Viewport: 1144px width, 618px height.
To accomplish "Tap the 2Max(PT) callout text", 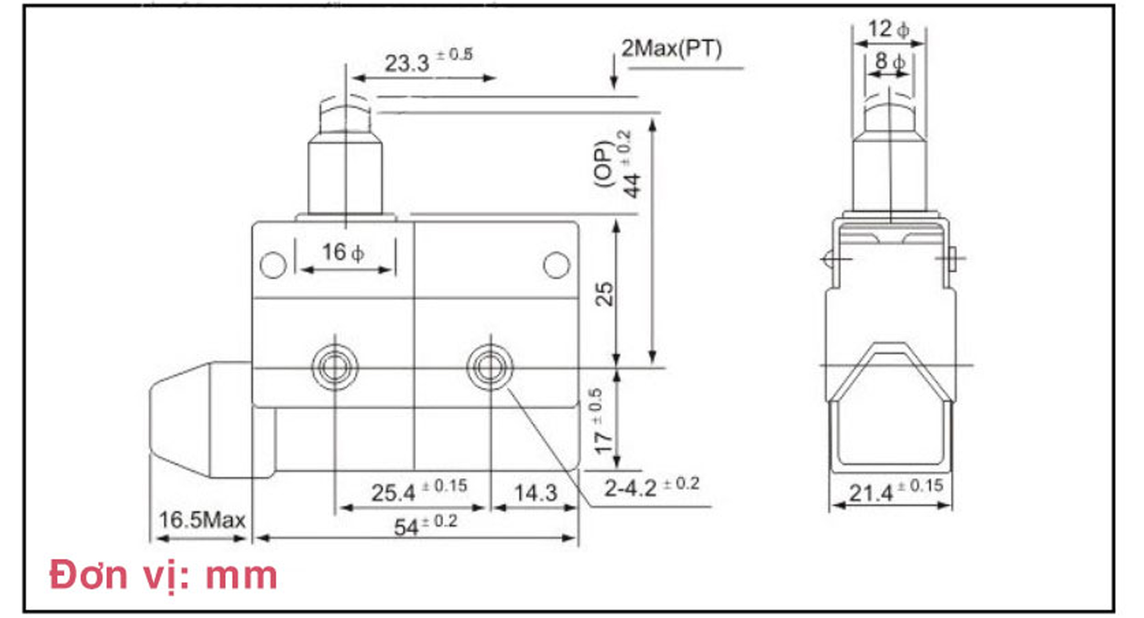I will (671, 49).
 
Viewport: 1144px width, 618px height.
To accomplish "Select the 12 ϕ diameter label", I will (888, 29).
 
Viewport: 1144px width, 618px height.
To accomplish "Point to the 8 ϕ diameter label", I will (889, 61).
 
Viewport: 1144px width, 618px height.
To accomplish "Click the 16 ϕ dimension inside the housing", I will (343, 252).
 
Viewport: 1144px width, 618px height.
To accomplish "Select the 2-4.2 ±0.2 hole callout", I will (652, 487).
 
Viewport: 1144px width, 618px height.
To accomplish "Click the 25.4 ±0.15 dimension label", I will (419, 491).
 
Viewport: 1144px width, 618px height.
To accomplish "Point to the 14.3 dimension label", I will (535, 493).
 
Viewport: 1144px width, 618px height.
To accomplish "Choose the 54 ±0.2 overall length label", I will (425, 525).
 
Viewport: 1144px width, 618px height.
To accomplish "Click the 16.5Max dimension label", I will (202, 520).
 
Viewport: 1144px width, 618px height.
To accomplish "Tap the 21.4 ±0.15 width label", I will (895, 490).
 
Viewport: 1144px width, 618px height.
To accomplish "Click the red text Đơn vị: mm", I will (164, 575).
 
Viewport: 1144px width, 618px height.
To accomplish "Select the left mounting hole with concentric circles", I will (335, 367).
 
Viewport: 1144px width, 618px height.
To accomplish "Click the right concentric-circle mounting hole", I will (490, 367).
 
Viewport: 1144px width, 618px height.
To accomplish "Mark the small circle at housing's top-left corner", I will (273, 265).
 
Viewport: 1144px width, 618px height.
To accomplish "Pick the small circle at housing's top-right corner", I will (556, 265).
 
